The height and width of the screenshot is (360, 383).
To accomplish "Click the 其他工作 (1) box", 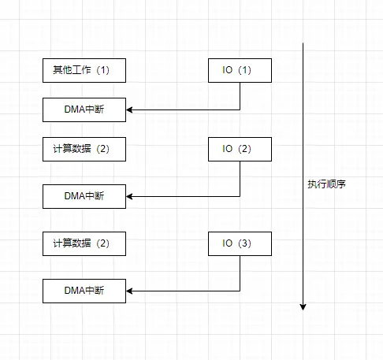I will (84, 70).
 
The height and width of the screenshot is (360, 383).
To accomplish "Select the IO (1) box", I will (240, 70).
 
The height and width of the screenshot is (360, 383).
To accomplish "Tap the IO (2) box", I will (240, 149).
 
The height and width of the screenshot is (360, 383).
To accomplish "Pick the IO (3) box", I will (240, 243).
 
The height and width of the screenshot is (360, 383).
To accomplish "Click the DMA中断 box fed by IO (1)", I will (84, 109).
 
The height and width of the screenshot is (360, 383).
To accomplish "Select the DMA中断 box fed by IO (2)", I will (84, 195).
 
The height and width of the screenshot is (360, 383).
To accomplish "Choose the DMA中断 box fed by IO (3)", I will (84, 291).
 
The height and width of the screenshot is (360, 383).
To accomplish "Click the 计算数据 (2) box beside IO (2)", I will (84, 149).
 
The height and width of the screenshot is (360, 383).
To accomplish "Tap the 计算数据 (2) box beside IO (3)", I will (84, 243).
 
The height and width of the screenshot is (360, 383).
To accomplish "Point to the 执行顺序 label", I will (327, 184).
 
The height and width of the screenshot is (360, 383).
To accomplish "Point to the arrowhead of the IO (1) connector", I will (129, 109).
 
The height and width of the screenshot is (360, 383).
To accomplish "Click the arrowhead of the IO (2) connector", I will (129, 195).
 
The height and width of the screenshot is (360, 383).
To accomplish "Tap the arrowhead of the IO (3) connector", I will (129, 291).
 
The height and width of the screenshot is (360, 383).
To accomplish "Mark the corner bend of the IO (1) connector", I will (240, 109).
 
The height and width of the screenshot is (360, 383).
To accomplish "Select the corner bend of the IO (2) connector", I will (240, 195).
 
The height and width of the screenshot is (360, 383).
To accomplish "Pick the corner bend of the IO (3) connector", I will (240, 291).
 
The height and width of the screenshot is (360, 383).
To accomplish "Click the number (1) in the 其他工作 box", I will (102, 70).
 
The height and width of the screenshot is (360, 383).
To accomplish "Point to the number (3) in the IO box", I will (244, 243).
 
